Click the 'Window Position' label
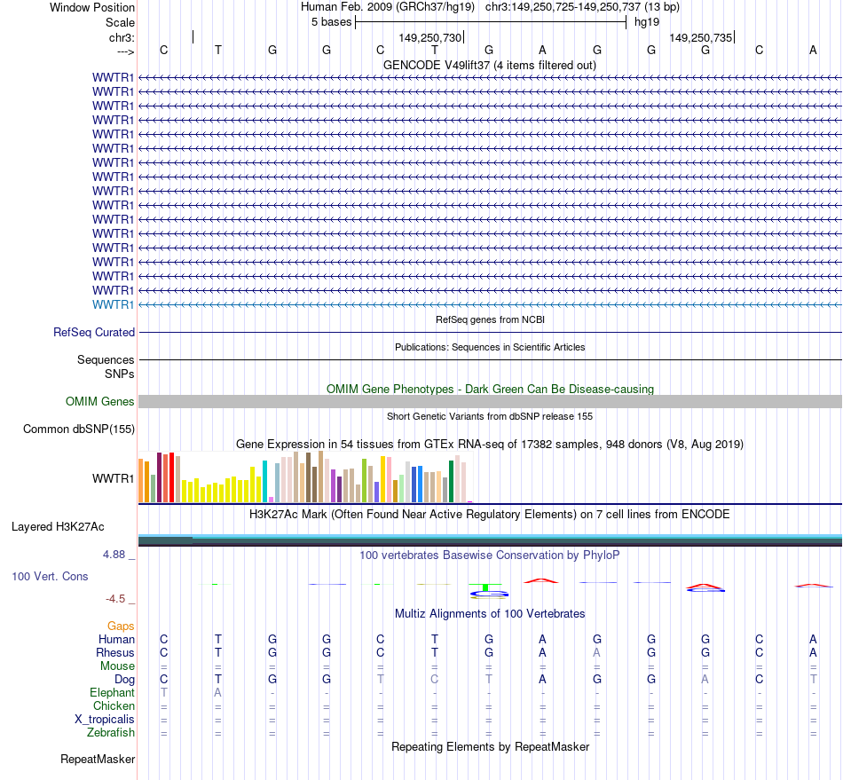click(x=92, y=7)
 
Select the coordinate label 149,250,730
click(x=430, y=38)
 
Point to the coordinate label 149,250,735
click(x=701, y=38)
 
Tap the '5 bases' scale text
click(x=331, y=22)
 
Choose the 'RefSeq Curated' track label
click(x=94, y=332)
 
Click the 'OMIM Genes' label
click(x=100, y=401)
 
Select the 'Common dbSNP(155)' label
click(x=79, y=429)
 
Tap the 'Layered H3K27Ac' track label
click(x=58, y=527)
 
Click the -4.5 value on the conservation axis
click(x=115, y=599)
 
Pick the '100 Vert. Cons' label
click(x=50, y=577)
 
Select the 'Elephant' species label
click(x=112, y=692)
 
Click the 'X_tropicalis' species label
click(x=105, y=719)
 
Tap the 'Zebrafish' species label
click(x=111, y=732)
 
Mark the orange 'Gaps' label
click(x=121, y=626)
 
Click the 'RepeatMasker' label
click(x=98, y=760)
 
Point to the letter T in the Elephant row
click(x=163, y=692)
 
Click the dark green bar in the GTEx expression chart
click(x=452, y=480)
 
